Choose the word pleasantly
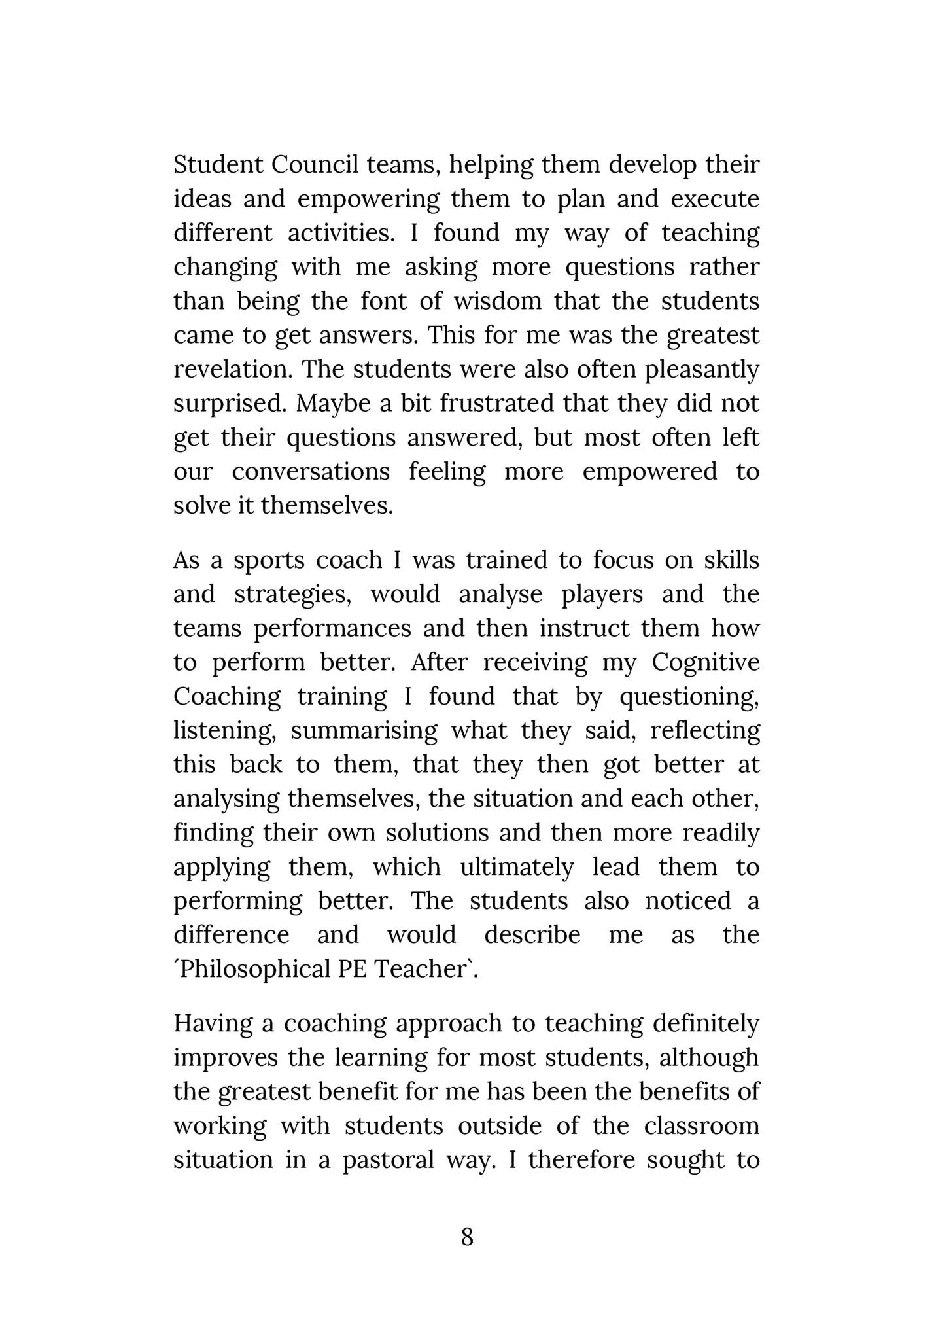[x=702, y=370]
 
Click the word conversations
[x=311, y=471]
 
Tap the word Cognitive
[x=706, y=663]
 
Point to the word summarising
[x=364, y=731]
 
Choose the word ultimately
[x=517, y=867]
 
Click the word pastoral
[x=389, y=1160]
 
